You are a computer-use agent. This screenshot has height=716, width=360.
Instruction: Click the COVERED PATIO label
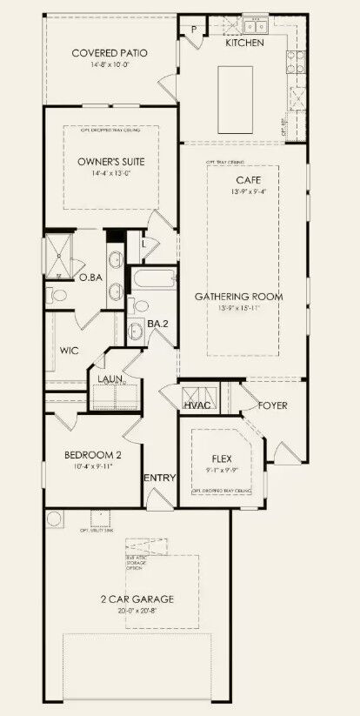(x=110, y=53)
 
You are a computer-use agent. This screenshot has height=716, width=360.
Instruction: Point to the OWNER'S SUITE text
(x=111, y=162)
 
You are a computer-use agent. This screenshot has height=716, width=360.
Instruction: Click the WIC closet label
(x=70, y=351)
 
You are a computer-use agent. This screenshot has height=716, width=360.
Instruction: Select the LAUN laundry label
(x=110, y=379)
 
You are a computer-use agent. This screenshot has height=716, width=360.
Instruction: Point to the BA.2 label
(x=157, y=323)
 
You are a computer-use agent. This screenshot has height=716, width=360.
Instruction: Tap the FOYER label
(x=272, y=405)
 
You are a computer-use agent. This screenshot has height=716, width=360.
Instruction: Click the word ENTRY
(x=160, y=478)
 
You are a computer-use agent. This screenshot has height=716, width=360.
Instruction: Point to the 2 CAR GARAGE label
(x=136, y=599)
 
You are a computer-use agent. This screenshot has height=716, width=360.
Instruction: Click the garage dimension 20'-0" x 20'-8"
(x=136, y=611)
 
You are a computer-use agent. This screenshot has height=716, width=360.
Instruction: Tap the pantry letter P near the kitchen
(x=193, y=29)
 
